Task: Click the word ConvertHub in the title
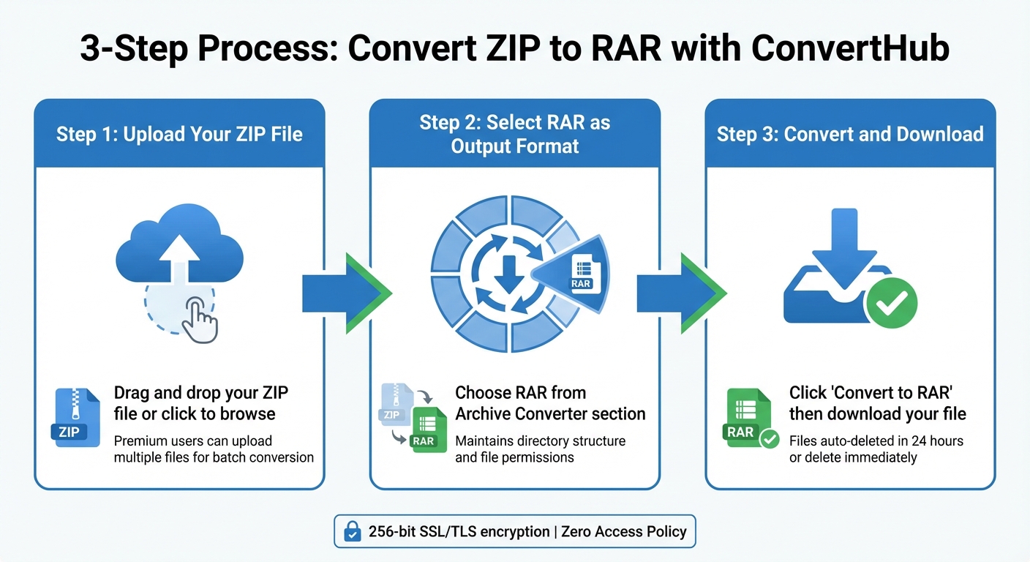[850, 48]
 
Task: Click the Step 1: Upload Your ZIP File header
[179, 134]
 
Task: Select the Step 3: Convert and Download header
[850, 134]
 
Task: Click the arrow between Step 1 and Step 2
[346, 293]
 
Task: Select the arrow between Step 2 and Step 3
[681, 293]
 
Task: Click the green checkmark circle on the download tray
[890, 301]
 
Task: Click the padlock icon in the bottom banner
[352, 532]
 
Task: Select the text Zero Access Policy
[624, 532]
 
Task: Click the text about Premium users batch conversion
[214, 449]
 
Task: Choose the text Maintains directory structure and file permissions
[540, 449]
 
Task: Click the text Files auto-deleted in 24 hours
[876, 441]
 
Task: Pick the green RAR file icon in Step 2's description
[424, 432]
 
